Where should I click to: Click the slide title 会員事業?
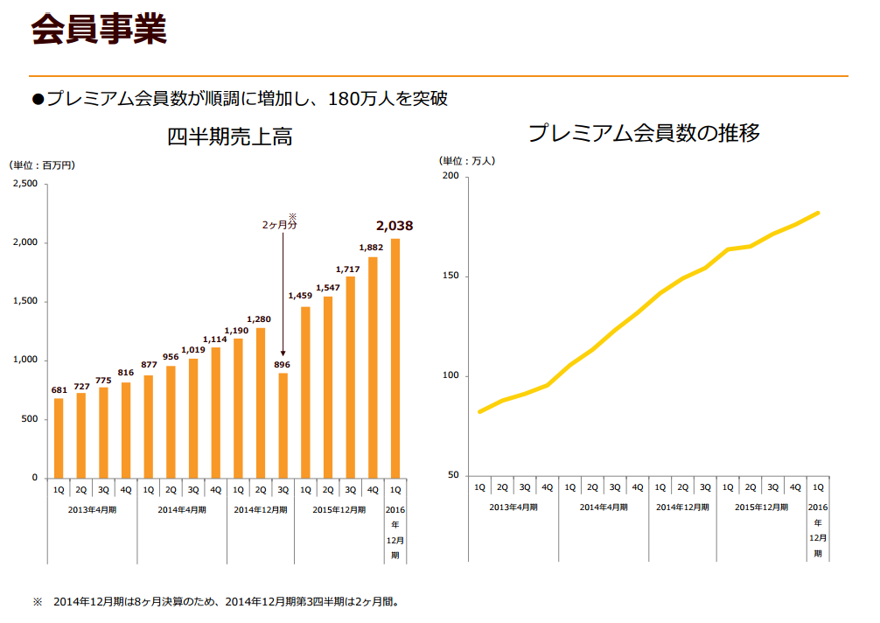click(98, 30)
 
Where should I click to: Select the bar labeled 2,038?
click(395, 358)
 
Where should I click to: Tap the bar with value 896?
click(283, 425)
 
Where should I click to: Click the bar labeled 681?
click(59, 437)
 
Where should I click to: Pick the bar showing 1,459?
click(305, 392)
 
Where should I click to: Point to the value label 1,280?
click(260, 318)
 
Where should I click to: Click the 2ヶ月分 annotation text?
click(280, 225)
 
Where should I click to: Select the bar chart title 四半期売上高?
click(229, 137)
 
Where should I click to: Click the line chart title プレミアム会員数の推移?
click(644, 134)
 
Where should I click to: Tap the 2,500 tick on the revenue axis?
click(24, 184)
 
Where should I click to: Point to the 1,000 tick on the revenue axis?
click(24, 360)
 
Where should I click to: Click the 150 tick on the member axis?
click(450, 276)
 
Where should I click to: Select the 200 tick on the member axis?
click(450, 177)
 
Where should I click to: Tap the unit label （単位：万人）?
click(468, 161)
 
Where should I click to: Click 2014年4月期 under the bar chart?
click(182, 509)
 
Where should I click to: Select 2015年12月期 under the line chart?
click(760, 507)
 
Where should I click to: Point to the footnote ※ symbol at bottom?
click(38, 602)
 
